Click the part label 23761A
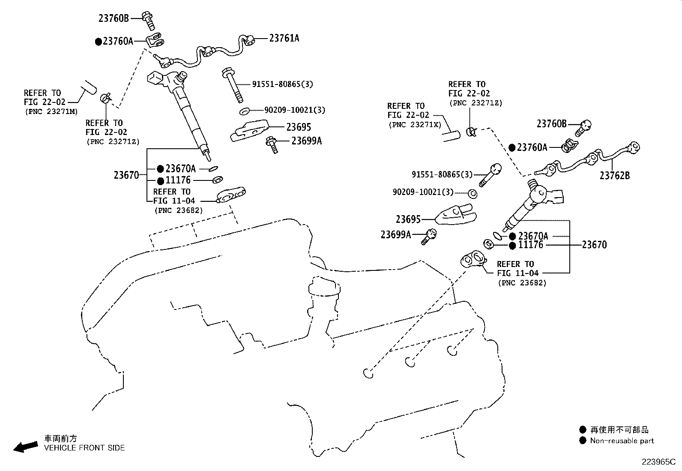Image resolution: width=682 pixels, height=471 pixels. [x=284, y=38]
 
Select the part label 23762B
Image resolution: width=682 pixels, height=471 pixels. [x=615, y=175]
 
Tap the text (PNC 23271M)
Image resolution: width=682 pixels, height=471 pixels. [x=51, y=111]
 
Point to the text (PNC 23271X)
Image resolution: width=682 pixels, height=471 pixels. [x=415, y=125]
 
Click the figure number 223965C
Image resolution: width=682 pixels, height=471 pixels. [x=658, y=462]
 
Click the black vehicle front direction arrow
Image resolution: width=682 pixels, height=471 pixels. [x=26, y=447]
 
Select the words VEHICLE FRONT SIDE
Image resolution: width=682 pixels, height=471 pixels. [x=84, y=447]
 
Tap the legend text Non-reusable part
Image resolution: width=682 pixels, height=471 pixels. [x=622, y=441]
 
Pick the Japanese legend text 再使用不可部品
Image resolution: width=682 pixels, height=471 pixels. [x=619, y=429]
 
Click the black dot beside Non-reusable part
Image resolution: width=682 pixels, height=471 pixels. [x=583, y=441]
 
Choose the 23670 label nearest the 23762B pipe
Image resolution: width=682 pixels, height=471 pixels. [x=594, y=245]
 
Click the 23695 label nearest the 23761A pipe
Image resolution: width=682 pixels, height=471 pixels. [x=299, y=127]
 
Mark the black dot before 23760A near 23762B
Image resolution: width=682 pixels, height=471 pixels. [x=512, y=148]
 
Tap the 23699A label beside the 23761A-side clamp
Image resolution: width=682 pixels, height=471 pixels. [x=307, y=141]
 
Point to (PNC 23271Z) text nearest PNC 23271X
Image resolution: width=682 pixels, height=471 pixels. [x=476, y=103]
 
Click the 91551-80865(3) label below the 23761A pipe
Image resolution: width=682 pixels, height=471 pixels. [x=283, y=84]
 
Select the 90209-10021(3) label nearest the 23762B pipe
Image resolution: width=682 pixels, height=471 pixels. [x=423, y=192]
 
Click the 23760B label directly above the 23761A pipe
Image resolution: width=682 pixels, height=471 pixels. [x=114, y=18]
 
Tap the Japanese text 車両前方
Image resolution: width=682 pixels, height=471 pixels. [x=60, y=438]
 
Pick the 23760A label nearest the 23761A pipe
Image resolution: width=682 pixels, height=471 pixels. [x=118, y=41]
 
